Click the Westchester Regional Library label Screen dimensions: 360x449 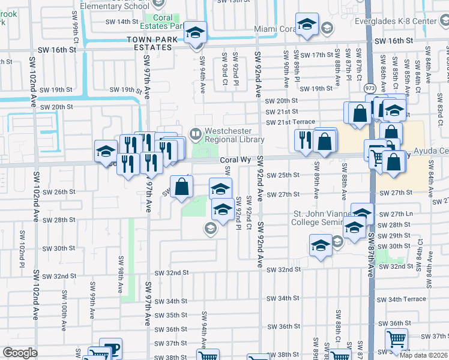(234, 135)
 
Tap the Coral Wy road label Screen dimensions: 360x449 (234, 160)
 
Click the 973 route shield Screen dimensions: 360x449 (369, 88)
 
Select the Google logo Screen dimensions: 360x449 (19, 353)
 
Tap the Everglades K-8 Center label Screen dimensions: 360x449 (413, 22)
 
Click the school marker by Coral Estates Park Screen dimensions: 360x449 (195, 32)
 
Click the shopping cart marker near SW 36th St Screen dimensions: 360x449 (396, 340)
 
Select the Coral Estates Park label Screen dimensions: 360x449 (166, 22)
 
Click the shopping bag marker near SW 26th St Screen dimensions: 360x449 (181, 185)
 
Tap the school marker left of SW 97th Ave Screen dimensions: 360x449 (105, 151)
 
